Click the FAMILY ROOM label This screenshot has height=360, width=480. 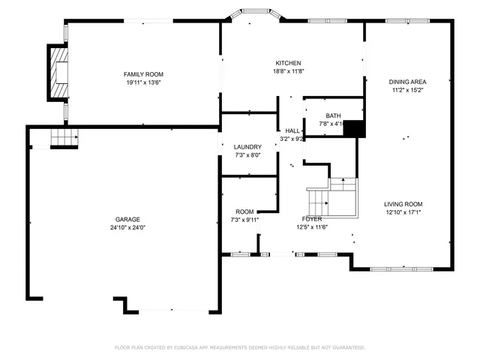point(143,74)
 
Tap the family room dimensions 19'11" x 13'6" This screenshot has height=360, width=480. point(143,83)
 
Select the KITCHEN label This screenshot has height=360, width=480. point(288,63)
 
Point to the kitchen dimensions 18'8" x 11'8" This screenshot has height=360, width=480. point(288,72)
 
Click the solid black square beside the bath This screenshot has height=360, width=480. point(353,128)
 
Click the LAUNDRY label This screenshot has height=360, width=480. point(247,147)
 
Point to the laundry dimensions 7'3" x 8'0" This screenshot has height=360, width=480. point(247,156)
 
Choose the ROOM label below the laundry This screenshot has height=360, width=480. point(244,211)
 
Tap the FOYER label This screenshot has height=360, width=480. point(312,219)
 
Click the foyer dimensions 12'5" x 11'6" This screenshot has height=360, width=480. point(312,227)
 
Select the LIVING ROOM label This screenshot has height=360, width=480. point(403,204)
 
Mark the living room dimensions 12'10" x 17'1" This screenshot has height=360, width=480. point(403,213)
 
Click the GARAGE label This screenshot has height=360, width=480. point(127,219)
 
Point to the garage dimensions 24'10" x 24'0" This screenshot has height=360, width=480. point(127,228)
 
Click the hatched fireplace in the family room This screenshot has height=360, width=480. point(57,73)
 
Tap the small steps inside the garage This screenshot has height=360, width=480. point(64,137)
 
